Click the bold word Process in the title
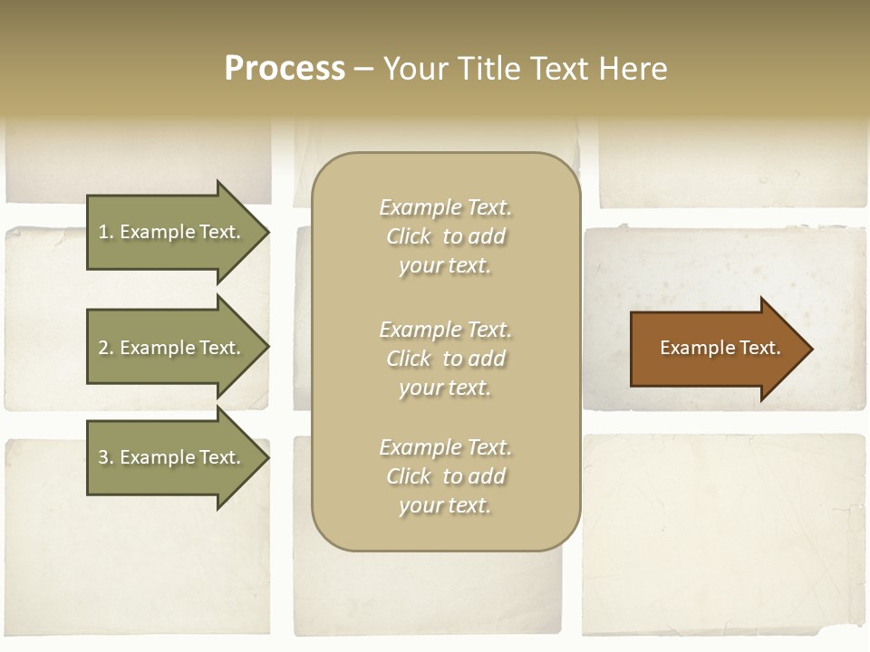pos(285,69)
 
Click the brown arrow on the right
pos(716,348)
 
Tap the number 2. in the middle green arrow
pos(105,348)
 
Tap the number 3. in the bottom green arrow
pos(105,457)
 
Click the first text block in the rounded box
pos(445,236)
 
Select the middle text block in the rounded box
pos(445,358)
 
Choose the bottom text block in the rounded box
pos(445,476)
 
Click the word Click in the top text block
pos(409,236)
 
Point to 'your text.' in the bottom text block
pos(445,505)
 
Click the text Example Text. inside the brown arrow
pos(720,348)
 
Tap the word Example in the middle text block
pos(420,329)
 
